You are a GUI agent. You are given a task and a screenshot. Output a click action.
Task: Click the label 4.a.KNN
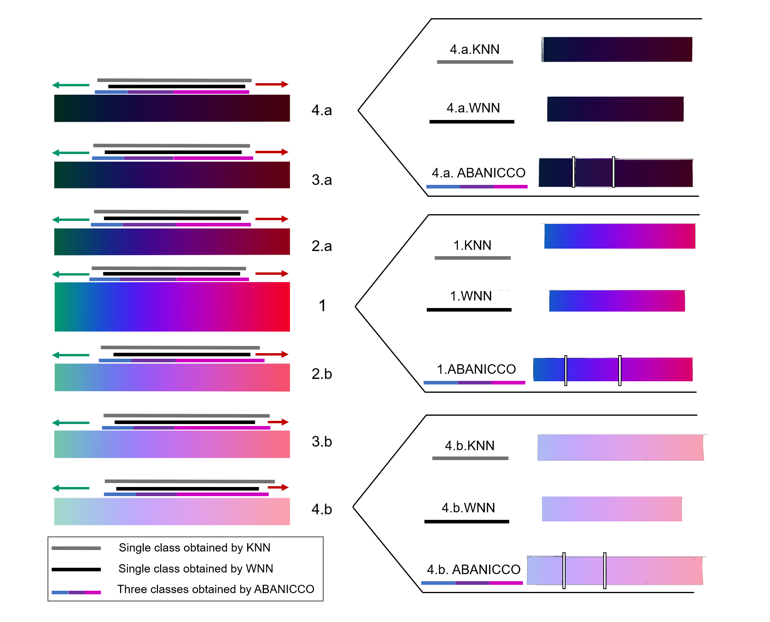[x=475, y=49]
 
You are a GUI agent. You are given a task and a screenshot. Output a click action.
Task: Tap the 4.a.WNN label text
[x=473, y=108]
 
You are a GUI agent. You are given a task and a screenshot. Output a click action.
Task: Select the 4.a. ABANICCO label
[x=478, y=173]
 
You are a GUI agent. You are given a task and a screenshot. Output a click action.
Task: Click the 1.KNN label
[x=472, y=245]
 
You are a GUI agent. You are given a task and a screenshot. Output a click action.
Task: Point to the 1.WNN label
[x=471, y=296]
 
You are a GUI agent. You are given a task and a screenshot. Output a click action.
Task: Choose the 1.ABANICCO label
[x=476, y=369]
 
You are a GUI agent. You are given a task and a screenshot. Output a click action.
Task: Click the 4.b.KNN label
[x=469, y=446]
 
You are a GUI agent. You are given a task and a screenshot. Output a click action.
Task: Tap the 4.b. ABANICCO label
[x=473, y=570]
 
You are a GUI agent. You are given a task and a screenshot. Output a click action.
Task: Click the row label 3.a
[x=322, y=180]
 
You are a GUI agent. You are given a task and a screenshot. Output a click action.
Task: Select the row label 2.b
[x=322, y=374]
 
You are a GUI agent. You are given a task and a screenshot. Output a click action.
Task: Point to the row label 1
[x=322, y=306]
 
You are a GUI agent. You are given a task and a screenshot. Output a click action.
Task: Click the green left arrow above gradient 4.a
[x=71, y=85]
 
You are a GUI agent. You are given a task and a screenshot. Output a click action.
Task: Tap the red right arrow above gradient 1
[x=272, y=274]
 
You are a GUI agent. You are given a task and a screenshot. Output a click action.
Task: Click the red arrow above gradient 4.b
[x=278, y=487]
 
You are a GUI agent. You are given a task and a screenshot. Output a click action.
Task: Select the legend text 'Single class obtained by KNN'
[x=194, y=548]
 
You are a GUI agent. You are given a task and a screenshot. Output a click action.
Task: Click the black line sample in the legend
[x=76, y=570]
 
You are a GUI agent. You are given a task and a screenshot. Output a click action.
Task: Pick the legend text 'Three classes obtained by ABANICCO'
[x=215, y=590]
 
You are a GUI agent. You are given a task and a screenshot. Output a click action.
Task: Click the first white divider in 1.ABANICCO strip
[x=566, y=370]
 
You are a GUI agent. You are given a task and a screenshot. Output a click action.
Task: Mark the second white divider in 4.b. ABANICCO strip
[x=604, y=571]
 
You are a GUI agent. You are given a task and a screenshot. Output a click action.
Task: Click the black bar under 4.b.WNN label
[x=467, y=522]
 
